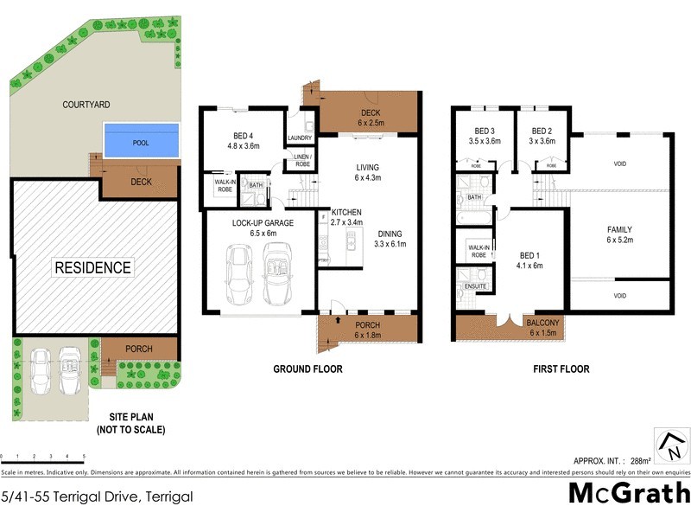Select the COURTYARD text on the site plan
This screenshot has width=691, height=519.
click(86, 105)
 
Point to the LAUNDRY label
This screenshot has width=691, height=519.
click(300, 138)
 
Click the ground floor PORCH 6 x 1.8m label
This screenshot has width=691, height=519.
click(367, 330)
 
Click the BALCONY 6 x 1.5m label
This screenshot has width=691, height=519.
click(544, 328)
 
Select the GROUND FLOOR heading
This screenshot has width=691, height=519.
click(307, 369)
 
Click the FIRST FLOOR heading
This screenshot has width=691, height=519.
click(561, 369)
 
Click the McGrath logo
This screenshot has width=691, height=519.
click(628, 493)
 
